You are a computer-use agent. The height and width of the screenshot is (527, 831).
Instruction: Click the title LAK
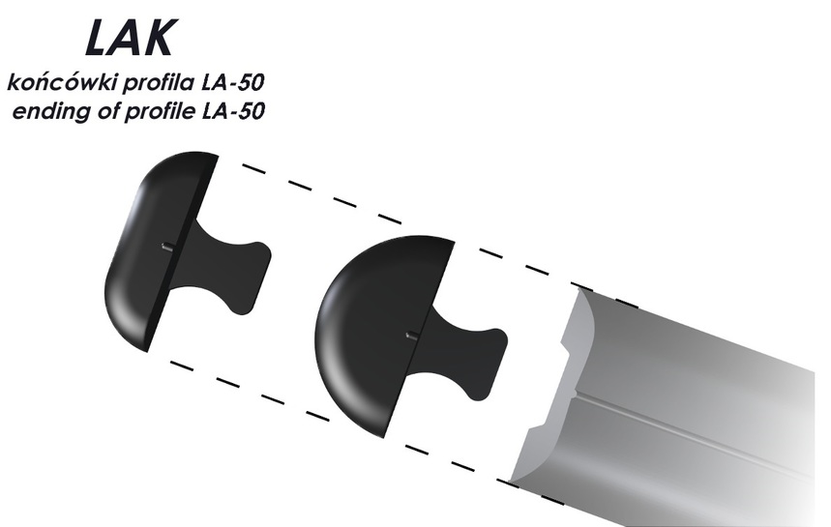click(x=130, y=38)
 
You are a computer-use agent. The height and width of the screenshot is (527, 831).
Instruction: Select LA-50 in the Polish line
click(x=233, y=83)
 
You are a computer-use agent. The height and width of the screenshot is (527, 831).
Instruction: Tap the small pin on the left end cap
click(x=167, y=247)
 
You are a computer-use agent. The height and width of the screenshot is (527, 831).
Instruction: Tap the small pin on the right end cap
click(x=412, y=336)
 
